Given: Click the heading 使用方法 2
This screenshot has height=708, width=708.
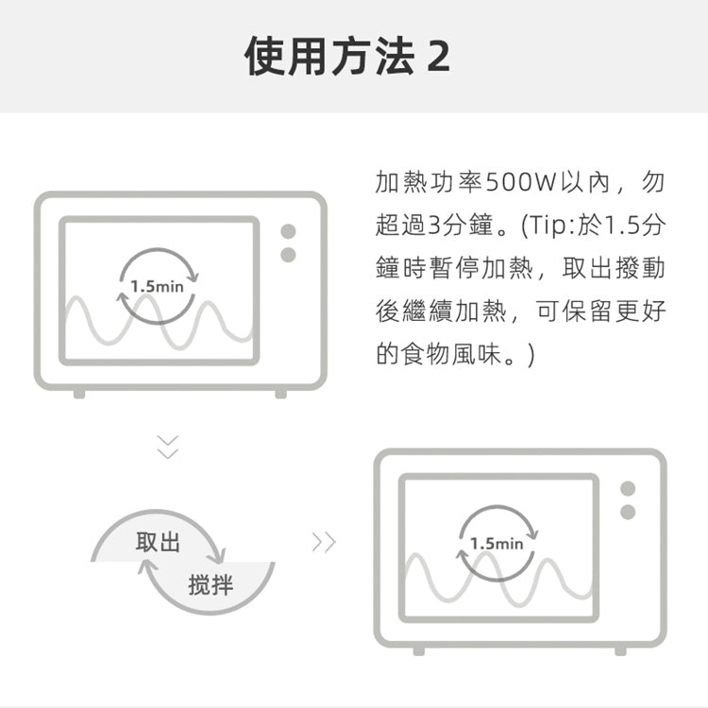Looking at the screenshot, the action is pos(346,56).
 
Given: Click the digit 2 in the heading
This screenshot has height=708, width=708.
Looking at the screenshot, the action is pos(438,57).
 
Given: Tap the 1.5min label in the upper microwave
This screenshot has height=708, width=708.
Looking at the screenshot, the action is pos(157,286).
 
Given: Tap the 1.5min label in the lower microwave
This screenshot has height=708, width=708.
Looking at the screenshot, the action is pos(497,544).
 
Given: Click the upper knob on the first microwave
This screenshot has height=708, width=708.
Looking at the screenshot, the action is pos(288,231).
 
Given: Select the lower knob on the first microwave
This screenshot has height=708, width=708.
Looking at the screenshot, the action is pos(288,255).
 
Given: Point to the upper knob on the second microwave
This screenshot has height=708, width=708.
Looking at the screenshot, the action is pos(628,489).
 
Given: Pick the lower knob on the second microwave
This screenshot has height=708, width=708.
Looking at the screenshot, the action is pos(628,512).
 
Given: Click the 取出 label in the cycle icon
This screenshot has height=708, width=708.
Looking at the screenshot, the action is pos(158,542).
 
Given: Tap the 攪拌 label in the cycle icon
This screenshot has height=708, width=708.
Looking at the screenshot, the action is pos(211,584).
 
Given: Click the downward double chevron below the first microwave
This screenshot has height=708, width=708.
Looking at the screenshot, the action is pos(167,447).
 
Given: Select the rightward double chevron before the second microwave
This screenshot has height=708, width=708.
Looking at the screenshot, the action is pos(324,542).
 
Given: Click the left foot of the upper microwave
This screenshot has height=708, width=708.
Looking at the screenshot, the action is pos(79,394).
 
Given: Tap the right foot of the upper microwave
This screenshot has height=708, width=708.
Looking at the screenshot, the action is pos(281,394).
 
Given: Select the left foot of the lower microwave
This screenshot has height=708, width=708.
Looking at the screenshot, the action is pos(419,650).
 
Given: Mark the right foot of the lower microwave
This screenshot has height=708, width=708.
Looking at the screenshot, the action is pos(621,650).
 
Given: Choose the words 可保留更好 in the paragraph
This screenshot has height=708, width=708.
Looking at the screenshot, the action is pos(601,311).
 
